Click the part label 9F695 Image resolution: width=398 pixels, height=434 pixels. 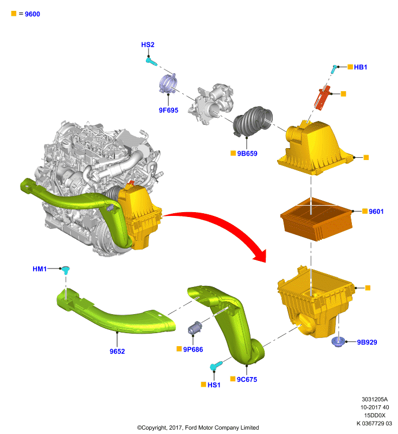tap(169, 110)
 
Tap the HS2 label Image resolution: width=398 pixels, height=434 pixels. tap(147, 45)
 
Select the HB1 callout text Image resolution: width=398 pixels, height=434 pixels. tap(361, 67)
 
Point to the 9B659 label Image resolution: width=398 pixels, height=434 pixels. tap(247, 154)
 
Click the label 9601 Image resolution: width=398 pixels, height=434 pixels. tap(376, 212)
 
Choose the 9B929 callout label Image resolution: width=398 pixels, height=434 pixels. tap(367, 342)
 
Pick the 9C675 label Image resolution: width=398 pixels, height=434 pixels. tap(247, 379)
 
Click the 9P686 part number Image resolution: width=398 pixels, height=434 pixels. tap(193, 349)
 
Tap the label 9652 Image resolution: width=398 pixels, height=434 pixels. tap(117, 352)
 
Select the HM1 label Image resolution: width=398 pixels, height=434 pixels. tap(40, 269)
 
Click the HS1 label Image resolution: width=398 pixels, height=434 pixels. tap(214, 385)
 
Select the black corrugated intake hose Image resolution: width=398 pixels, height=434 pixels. tap(253, 121)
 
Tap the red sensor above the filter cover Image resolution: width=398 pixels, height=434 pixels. tap(322, 98)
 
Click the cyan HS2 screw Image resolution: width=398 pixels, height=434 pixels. tap(151, 61)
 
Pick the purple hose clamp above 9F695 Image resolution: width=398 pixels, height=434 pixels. tap(168, 84)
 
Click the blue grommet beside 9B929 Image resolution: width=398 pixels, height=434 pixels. tap(338, 342)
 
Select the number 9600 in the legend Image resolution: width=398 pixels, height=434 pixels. tap(33, 14)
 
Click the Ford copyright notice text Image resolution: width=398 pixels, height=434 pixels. tap(198, 427)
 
